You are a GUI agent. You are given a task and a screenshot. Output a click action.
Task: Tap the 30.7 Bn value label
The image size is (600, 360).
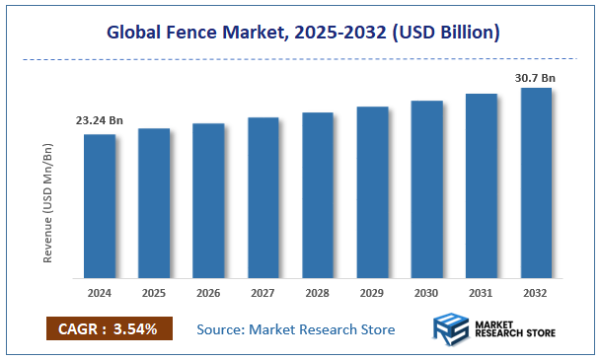click(x=536, y=75)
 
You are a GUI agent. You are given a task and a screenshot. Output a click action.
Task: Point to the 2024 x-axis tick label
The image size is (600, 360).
click(x=100, y=294)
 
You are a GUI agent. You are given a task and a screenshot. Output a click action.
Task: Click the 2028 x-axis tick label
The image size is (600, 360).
click(x=318, y=294)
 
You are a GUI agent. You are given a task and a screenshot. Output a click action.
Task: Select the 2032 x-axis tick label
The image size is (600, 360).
click(x=536, y=294)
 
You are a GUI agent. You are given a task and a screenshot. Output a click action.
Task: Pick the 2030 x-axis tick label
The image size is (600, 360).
click(x=426, y=294)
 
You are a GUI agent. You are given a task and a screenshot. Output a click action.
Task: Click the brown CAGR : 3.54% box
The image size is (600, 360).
click(x=109, y=328)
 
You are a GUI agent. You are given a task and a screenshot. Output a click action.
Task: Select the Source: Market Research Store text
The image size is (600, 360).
click(x=296, y=328)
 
